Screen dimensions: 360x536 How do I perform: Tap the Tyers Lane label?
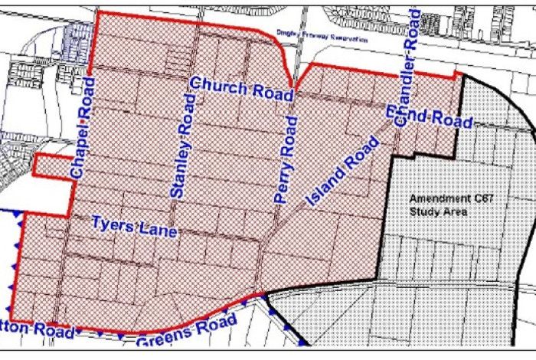134,226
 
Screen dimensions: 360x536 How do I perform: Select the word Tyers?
114,224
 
